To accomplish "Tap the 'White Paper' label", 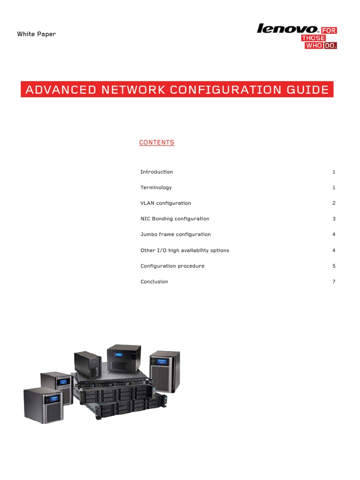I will [37, 34].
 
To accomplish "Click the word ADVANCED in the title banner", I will [57, 90].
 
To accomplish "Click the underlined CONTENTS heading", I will [157, 142].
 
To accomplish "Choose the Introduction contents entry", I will [157, 172].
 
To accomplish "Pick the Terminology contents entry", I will [156, 187].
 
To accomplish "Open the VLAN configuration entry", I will [166, 203].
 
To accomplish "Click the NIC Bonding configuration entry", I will [175, 219].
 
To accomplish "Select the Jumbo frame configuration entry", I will [176, 234].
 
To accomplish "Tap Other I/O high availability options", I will [185, 250].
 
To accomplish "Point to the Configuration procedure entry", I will [172, 266].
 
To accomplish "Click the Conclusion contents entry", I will [154, 282].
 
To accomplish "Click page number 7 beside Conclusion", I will [334, 282].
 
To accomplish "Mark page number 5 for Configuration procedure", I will [334, 266].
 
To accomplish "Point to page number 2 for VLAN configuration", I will [334, 203].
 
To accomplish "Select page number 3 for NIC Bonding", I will [334, 219].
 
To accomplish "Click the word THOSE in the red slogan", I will [314, 38].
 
